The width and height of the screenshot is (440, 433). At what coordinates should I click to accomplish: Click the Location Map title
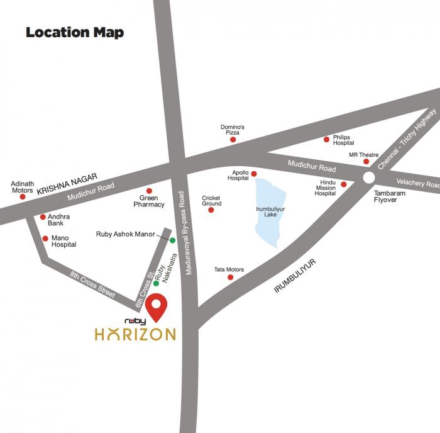[x=75, y=33]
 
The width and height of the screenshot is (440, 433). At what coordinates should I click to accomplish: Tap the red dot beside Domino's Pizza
[x=233, y=140]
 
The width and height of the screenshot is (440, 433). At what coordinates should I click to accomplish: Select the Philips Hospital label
[x=344, y=140]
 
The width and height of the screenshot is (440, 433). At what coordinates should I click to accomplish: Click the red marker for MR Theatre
[x=366, y=162]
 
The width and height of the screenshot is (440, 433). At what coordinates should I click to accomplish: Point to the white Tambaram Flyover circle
[x=369, y=177]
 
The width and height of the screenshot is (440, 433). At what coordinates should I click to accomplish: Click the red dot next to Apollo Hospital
[x=254, y=174]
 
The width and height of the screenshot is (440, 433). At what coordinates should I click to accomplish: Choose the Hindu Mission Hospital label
[x=326, y=188]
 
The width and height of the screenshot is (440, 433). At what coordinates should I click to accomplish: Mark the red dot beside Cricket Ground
[x=211, y=210]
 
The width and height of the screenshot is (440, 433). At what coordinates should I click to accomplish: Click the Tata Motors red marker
[x=231, y=277]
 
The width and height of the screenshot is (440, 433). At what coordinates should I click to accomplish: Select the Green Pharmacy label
[x=149, y=201]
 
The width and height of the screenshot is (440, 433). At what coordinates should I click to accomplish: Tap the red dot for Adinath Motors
[x=23, y=196]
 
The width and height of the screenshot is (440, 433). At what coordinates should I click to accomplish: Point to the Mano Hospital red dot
[x=45, y=239]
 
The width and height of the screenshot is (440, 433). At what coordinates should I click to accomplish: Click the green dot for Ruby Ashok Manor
[x=172, y=240]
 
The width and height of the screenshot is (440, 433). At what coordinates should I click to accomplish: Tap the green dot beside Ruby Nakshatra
[x=156, y=283]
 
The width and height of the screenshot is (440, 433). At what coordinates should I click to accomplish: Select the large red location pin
[x=157, y=308]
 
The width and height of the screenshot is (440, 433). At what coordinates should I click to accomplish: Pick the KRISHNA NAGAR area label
[x=60, y=182]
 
